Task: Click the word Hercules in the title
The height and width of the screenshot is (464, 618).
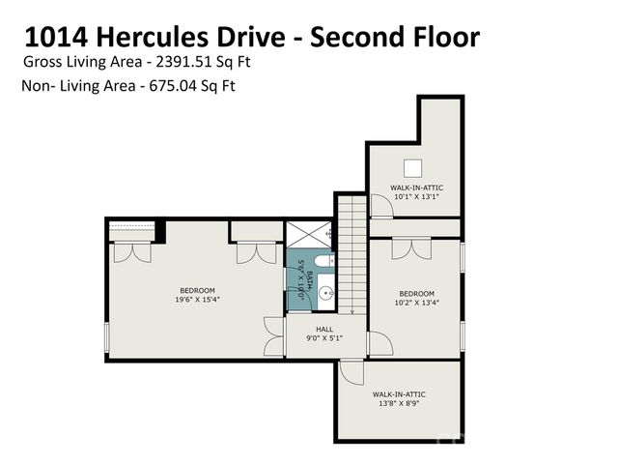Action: point(154,37)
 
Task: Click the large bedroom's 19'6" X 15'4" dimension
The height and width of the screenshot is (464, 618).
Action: point(197,300)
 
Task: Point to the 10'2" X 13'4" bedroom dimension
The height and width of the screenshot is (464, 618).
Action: point(417,304)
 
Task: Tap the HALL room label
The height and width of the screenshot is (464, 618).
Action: point(324,329)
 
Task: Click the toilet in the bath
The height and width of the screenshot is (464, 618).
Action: point(323,261)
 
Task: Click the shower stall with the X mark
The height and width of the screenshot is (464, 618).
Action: point(309,236)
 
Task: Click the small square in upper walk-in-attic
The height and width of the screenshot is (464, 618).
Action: point(413,165)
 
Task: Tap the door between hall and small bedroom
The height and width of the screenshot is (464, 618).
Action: point(378,342)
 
